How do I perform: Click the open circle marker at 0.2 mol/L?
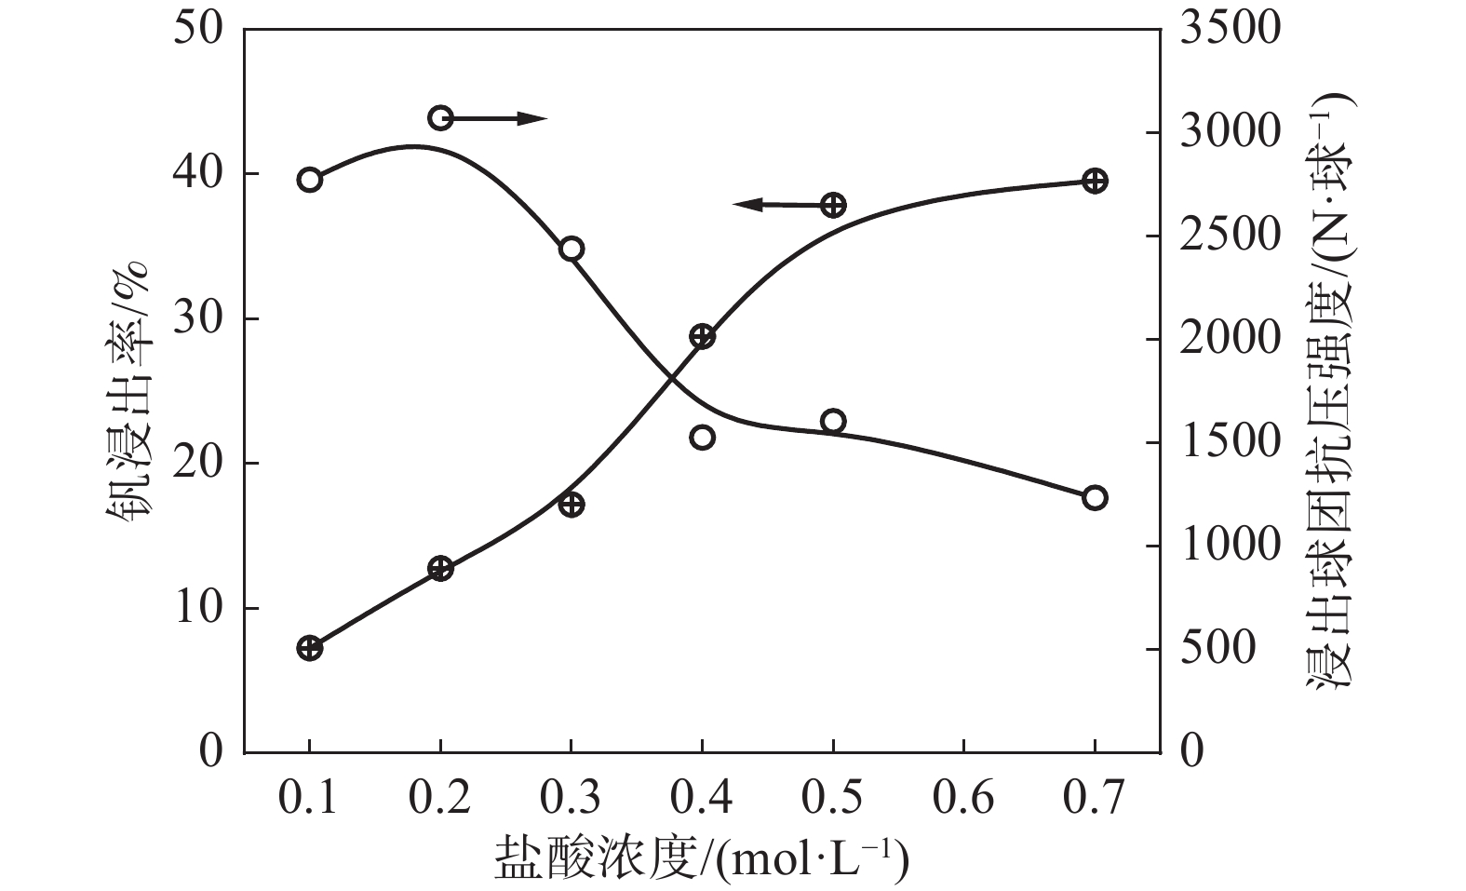[x=440, y=117]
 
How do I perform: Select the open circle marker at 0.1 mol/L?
[x=310, y=180]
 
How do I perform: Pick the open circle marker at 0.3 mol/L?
[x=572, y=249]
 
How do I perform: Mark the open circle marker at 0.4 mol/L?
[x=703, y=437]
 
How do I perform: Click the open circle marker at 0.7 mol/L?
[x=1095, y=498]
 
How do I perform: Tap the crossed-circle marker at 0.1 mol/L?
[x=310, y=648]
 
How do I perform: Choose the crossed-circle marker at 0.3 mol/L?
[x=572, y=505]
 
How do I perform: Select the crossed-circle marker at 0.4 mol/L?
[x=703, y=337]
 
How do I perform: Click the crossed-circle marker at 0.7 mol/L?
[x=1096, y=181]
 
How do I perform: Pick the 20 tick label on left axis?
[x=198, y=463]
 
